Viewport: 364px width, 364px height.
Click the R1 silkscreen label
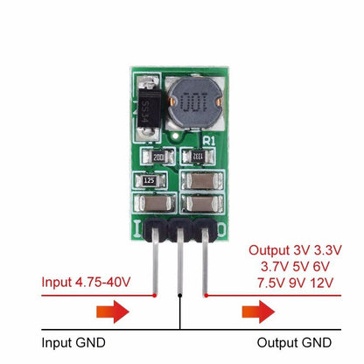click(207, 140)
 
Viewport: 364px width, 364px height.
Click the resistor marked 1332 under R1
click(198, 157)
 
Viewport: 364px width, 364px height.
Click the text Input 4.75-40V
click(87, 283)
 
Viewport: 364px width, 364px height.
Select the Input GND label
click(78, 341)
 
